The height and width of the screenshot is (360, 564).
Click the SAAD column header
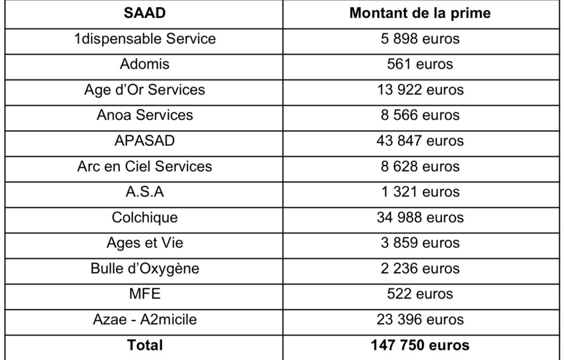[x=145, y=13]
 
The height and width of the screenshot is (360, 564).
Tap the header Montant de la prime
[x=420, y=13]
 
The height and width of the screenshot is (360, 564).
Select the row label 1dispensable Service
[x=145, y=39]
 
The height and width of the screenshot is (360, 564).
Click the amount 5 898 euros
[x=420, y=39]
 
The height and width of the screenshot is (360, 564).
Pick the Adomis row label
[x=145, y=64]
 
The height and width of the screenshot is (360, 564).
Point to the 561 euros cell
[x=420, y=64]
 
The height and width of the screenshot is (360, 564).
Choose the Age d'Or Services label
[x=145, y=90]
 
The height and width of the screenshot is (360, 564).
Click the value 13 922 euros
[x=420, y=90]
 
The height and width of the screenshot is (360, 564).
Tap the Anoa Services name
[x=145, y=115]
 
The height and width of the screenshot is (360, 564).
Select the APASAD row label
[x=145, y=141]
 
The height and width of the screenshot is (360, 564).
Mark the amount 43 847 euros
[x=420, y=141]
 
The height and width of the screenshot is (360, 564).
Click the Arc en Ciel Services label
[x=145, y=166]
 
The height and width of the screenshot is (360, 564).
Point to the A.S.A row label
[x=145, y=192]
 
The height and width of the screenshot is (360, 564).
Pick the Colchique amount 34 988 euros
[x=420, y=218]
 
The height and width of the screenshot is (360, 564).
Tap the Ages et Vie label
[x=145, y=243]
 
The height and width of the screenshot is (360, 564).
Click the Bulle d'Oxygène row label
[x=145, y=269]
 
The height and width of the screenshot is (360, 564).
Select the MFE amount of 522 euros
[x=420, y=294]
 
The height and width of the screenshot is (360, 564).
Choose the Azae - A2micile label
[x=145, y=320]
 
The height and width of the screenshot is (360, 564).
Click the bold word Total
[x=145, y=345]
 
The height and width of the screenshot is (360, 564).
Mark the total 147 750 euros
[x=420, y=345]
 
